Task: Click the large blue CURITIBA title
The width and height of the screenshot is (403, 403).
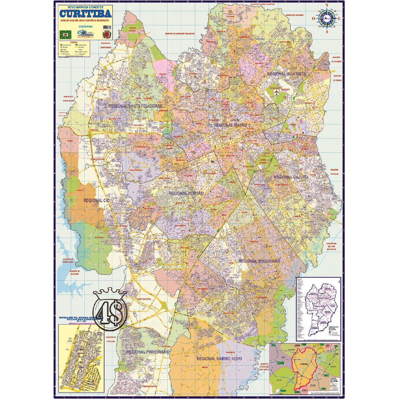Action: click(85, 13)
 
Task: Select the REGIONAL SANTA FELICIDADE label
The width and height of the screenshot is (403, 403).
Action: click(135, 106)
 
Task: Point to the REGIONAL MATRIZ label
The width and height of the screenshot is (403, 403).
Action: click(230, 125)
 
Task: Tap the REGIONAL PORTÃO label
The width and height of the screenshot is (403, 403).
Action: click(186, 194)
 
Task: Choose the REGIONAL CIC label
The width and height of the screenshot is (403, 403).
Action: click(96, 200)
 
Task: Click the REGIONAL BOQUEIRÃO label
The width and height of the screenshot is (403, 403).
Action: click(259, 261)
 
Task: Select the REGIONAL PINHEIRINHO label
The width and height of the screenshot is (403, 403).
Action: click(148, 351)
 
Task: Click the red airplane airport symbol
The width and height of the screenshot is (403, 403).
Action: click(277, 92)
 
